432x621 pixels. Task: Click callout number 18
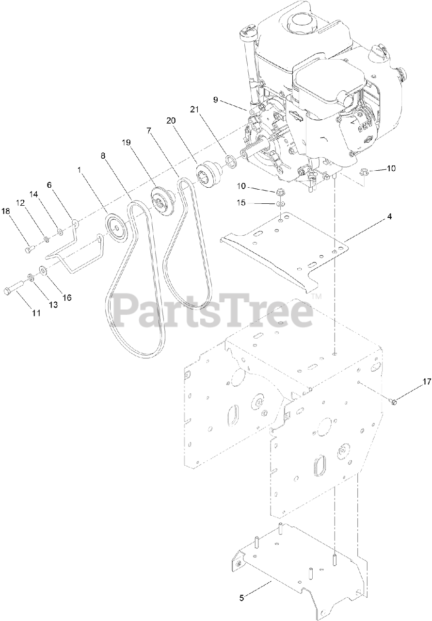coord(5,211)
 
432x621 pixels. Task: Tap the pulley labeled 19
coord(162,197)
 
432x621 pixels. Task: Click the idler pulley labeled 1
coord(116,224)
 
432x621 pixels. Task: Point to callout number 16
coord(66,297)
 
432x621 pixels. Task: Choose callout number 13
coord(52,304)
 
